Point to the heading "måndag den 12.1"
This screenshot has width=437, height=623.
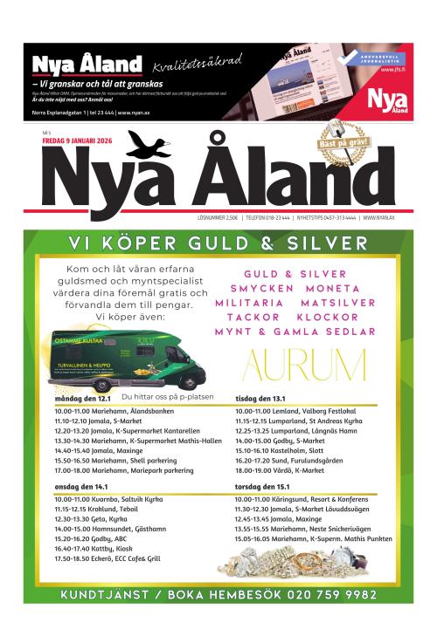tap(80, 398)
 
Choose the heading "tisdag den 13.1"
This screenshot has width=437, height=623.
tap(261, 398)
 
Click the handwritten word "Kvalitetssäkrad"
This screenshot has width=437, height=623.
tap(196, 64)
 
